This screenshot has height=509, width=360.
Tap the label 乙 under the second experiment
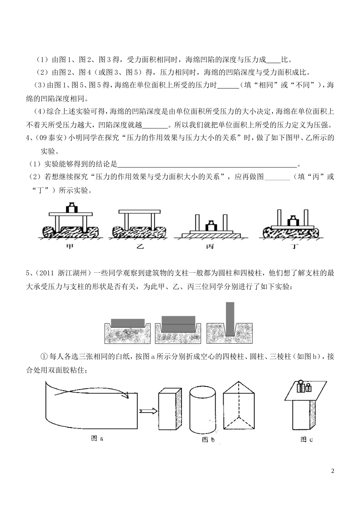tap(140, 247)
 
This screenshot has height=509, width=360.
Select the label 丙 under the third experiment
tap(210, 247)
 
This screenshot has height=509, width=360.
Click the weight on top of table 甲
tap(70, 208)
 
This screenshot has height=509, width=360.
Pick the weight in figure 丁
tap(292, 220)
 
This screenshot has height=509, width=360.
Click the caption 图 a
tap(97, 438)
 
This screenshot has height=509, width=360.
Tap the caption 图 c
tap(306, 440)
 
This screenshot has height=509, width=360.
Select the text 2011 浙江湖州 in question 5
tap(62, 273)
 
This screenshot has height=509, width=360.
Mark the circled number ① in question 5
tap(43, 357)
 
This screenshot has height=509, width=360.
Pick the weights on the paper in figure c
tap(303, 387)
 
